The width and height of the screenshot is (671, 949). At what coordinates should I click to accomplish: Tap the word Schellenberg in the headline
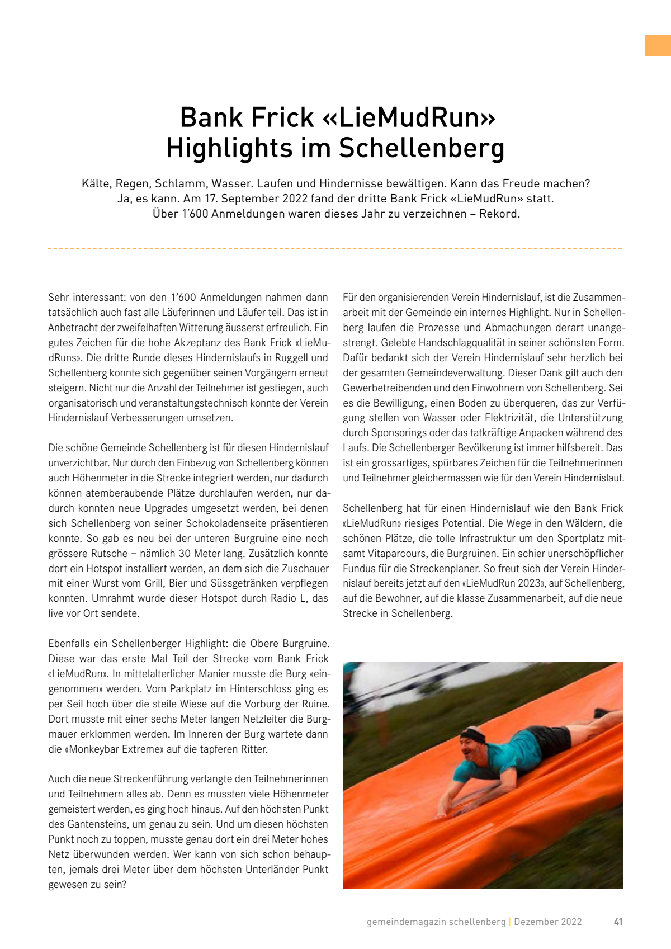[x=422, y=149]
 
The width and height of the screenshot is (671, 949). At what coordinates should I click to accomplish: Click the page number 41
[x=618, y=922]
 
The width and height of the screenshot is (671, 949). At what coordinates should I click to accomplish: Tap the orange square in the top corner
[x=658, y=46]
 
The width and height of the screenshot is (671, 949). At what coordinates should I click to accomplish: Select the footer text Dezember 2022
[x=548, y=922]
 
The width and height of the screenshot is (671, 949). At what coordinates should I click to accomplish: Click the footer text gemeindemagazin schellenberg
[x=436, y=922]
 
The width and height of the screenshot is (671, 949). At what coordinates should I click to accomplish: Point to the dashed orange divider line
[x=335, y=248]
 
